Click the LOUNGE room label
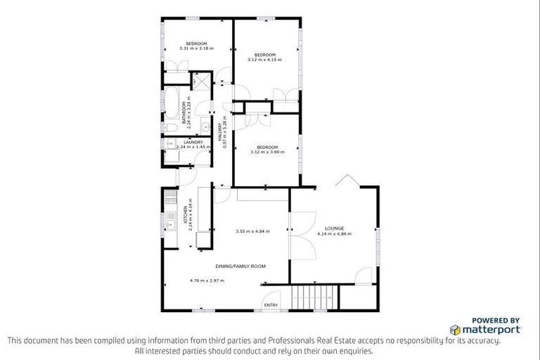[334, 229]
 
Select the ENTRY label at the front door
[270, 304]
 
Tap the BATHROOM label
[184, 113]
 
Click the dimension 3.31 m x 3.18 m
[196, 49]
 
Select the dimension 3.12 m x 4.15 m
[264, 60]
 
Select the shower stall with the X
[201, 82]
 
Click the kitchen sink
[170, 225]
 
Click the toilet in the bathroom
[202, 127]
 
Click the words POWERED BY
[496, 319]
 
